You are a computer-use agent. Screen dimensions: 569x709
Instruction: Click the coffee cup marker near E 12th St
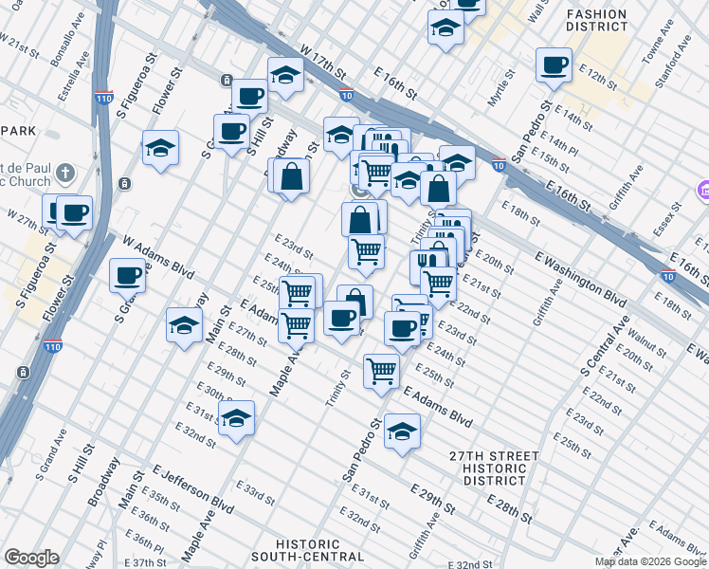click(x=554, y=65)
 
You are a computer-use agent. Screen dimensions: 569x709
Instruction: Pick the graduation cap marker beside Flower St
click(x=161, y=148)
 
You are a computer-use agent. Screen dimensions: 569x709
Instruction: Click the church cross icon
click(x=64, y=174)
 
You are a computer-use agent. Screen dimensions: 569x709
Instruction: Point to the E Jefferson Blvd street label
click(x=192, y=487)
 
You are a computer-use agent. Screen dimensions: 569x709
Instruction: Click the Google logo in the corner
click(x=31, y=558)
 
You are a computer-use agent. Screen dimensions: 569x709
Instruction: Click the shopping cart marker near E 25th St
click(x=381, y=371)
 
